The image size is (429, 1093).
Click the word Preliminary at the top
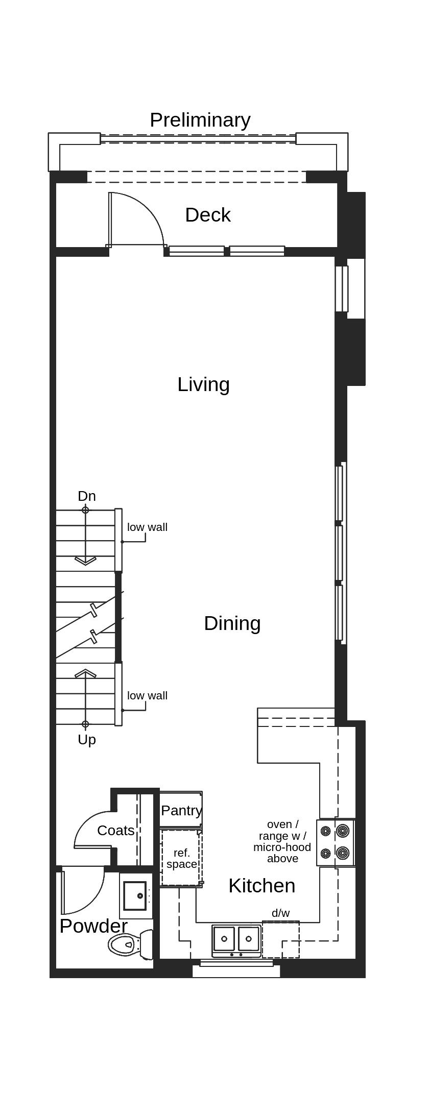pyautogui.click(x=200, y=120)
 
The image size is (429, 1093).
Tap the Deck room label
pyautogui.click(x=207, y=215)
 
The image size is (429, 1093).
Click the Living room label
pyautogui.click(x=203, y=384)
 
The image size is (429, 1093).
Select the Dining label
pyautogui.click(x=232, y=623)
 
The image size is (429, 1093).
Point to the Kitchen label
pyautogui.click(x=261, y=885)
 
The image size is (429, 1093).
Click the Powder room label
pyautogui.click(x=93, y=926)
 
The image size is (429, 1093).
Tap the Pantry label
pyautogui.click(x=181, y=810)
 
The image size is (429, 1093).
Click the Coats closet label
pyautogui.click(x=116, y=830)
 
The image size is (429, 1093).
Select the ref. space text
pyautogui.click(x=181, y=858)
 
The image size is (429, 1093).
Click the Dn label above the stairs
pyautogui.click(x=86, y=496)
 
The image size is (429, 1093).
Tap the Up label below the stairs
pyautogui.click(x=86, y=739)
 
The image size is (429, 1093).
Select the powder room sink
pyautogui.click(x=135, y=895)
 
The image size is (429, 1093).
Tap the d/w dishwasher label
pyautogui.click(x=280, y=913)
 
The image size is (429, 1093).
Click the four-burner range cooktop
pyautogui.click(x=335, y=842)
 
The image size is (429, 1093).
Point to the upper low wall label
pyautogui.click(x=147, y=527)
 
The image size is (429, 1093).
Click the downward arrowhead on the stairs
pyautogui.click(x=85, y=561)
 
